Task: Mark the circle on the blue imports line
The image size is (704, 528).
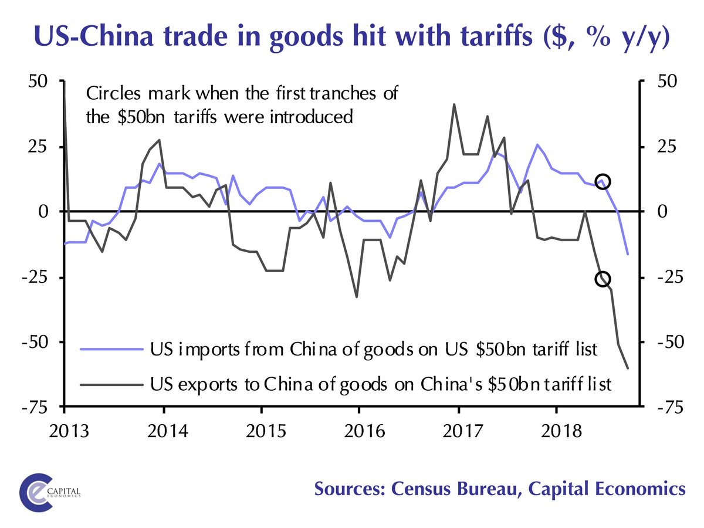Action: [x=603, y=181]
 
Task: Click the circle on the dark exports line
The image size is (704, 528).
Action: [x=603, y=279]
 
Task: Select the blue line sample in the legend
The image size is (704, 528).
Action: [x=112, y=350]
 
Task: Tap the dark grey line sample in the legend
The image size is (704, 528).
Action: [x=112, y=384]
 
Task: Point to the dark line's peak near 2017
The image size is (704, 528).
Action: [x=455, y=104]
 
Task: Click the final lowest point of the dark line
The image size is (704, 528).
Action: [x=628, y=368]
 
